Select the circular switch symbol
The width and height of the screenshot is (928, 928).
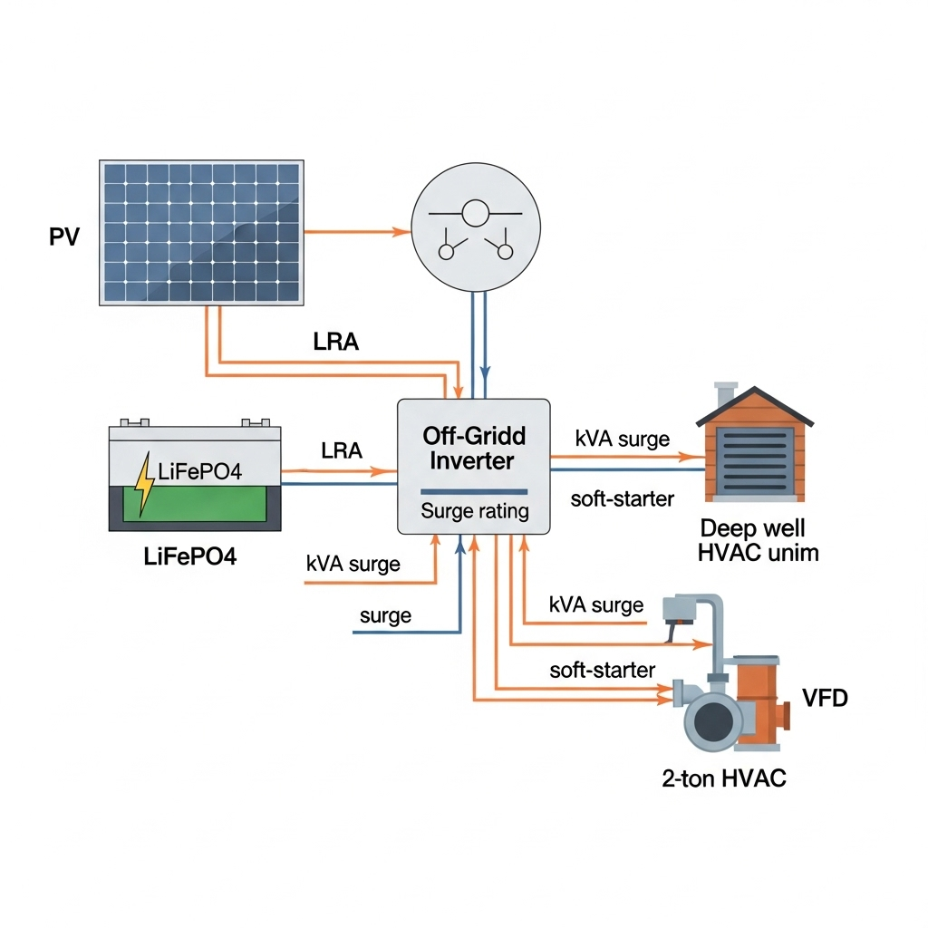(476, 228)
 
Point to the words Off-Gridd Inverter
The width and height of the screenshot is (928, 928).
(473, 448)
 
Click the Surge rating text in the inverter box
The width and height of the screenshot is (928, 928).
(474, 511)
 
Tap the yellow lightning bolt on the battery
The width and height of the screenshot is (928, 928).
(144, 485)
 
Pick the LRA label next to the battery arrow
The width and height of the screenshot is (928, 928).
(341, 450)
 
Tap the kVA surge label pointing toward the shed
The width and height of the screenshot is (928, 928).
(622, 440)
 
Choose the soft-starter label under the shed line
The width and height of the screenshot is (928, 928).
(622, 498)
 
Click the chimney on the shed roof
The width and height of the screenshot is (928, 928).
(724, 395)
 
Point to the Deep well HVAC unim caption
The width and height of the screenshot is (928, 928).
(758, 540)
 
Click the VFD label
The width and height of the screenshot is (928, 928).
(826, 698)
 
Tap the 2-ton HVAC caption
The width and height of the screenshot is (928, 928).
(723, 778)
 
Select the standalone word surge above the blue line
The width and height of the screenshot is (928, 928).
(385, 616)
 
